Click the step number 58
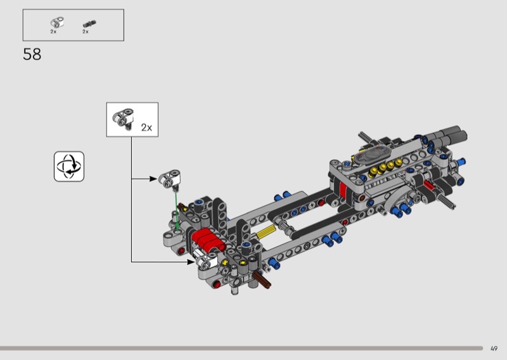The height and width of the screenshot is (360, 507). (32, 55)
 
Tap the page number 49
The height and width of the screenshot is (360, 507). (494, 349)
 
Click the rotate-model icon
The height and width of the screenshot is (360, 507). (69, 166)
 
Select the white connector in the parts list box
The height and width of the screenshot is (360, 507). (56, 22)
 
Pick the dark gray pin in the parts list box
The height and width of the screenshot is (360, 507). (89, 23)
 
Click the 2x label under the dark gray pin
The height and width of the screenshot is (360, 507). (86, 32)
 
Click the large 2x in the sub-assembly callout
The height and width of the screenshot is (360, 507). (146, 127)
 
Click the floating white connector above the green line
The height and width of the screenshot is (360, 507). (169, 179)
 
